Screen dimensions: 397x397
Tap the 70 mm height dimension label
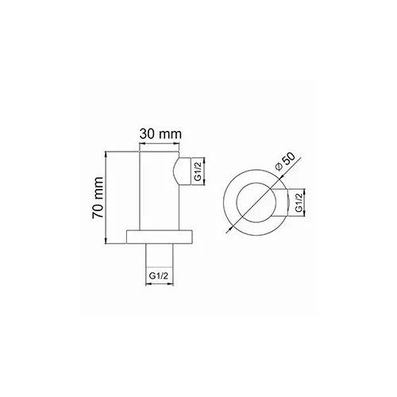pyautogui.click(x=96, y=198)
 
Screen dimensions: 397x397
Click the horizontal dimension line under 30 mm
pyautogui.click(x=159, y=145)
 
